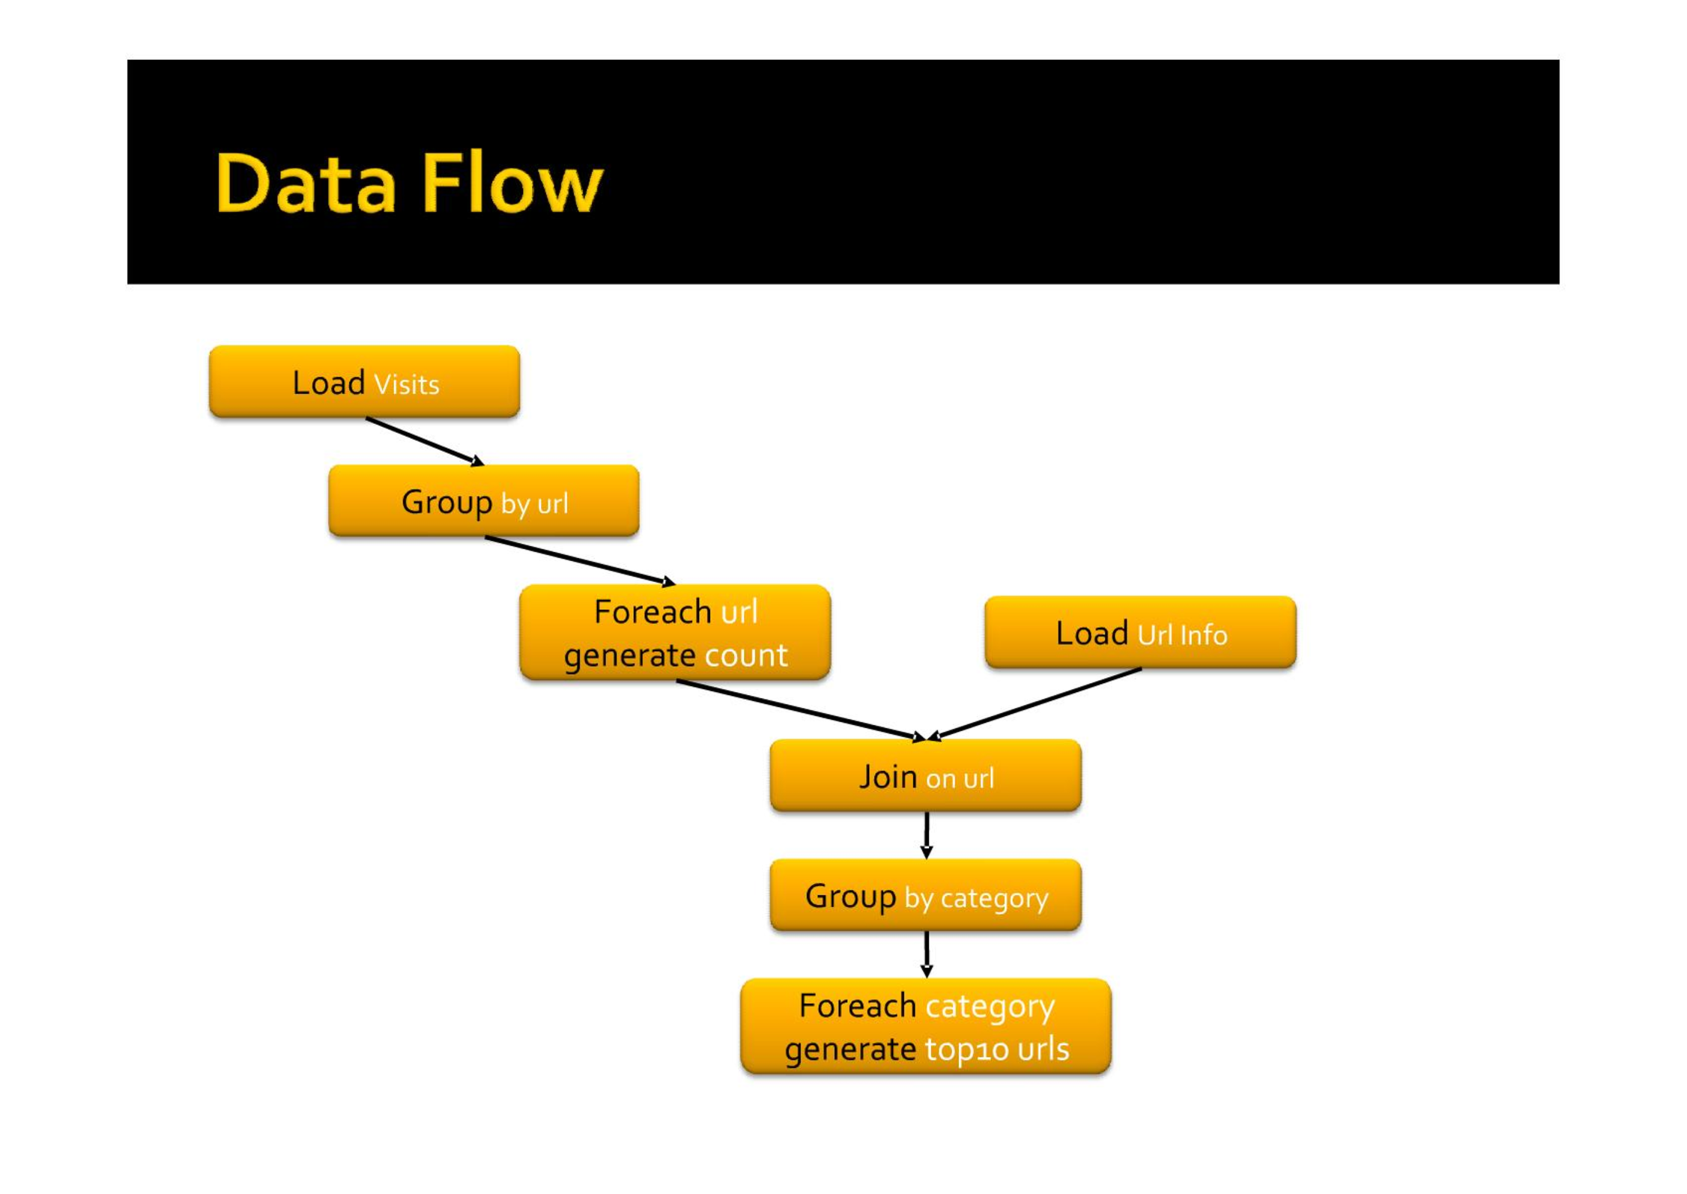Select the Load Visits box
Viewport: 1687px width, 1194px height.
point(364,381)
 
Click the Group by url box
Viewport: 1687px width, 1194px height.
point(484,500)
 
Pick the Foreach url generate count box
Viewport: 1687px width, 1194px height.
point(675,632)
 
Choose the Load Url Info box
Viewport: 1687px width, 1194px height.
point(1140,632)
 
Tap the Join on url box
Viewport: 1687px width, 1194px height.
point(925,775)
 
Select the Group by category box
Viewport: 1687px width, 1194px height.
point(925,895)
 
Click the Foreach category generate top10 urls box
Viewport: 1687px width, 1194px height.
point(925,1026)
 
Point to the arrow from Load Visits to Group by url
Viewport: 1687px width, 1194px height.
point(425,441)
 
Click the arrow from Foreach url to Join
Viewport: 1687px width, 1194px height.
point(801,710)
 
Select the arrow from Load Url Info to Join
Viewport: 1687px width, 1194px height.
point(1034,704)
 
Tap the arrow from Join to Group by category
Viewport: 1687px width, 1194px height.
point(927,835)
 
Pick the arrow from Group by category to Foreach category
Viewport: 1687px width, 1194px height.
point(927,954)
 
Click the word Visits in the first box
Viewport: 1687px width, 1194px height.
point(406,384)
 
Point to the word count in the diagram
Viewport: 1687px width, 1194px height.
point(745,655)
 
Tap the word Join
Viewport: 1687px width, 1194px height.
point(888,777)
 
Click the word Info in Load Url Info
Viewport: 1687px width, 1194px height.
point(1203,635)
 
